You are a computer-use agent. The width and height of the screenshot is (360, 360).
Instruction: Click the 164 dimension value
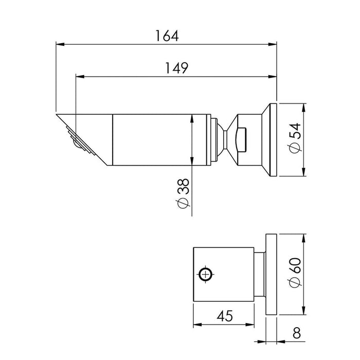(x=167, y=36)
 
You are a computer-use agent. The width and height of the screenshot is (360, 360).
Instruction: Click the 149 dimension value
(x=176, y=68)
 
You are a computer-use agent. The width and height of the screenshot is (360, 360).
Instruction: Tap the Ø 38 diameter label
(x=183, y=193)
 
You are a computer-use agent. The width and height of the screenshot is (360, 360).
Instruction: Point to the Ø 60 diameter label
(x=295, y=272)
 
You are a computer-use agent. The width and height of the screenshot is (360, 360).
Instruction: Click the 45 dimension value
(x=225, y=316)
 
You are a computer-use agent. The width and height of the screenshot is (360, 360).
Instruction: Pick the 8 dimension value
(x=297, y=333)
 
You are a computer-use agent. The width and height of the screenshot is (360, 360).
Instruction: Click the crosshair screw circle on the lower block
(x=206, y=274)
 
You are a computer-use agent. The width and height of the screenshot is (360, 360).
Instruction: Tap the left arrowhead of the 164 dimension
(x=60, y=44)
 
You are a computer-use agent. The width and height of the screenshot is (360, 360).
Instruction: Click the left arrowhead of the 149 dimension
(x=80, y=77)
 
